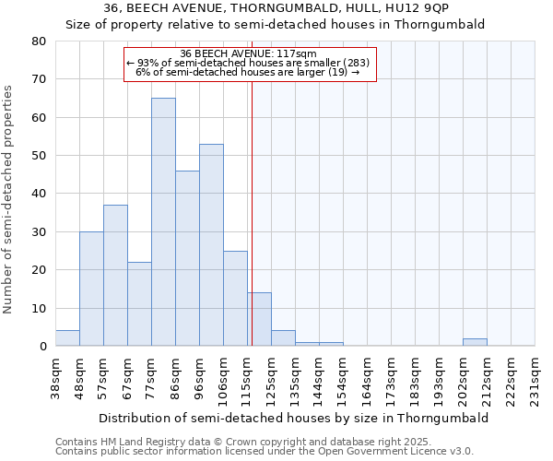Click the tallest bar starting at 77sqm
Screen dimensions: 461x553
coord(163,221)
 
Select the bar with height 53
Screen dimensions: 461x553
coord(211,244)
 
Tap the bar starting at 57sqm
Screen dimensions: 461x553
coord(115,275)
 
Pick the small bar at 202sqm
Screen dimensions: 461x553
coord(475,342)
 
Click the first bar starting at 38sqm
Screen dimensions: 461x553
coord(67,337)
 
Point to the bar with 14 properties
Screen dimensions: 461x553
coord(259,319)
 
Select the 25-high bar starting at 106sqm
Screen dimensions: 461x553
coord(235,298)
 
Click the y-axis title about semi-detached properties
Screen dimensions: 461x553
coord(9,198)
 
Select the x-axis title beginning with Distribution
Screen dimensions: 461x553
coord(293,418)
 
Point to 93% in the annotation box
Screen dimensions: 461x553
coord(147,63)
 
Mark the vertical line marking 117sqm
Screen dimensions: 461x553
coord(252,203)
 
